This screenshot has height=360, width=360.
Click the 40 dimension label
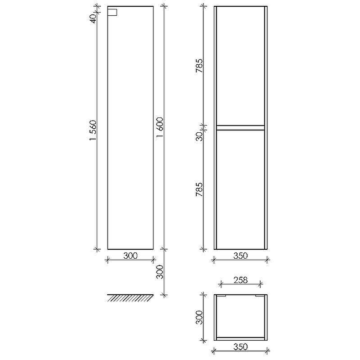coord(93,18)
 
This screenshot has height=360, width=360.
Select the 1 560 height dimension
coord(93,130)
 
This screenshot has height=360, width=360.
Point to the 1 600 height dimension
coord(160,127)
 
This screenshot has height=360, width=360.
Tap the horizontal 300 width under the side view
coord(130,256)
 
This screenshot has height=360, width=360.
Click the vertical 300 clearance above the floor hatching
coord(160,272)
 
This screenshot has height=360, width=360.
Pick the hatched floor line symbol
coord(130,298)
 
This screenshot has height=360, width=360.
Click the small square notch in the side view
coord(112,13)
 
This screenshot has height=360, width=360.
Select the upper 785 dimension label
coord(199,66)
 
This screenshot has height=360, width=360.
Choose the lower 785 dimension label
coord(199,189)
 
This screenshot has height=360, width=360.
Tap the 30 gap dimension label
coord(199,136)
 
